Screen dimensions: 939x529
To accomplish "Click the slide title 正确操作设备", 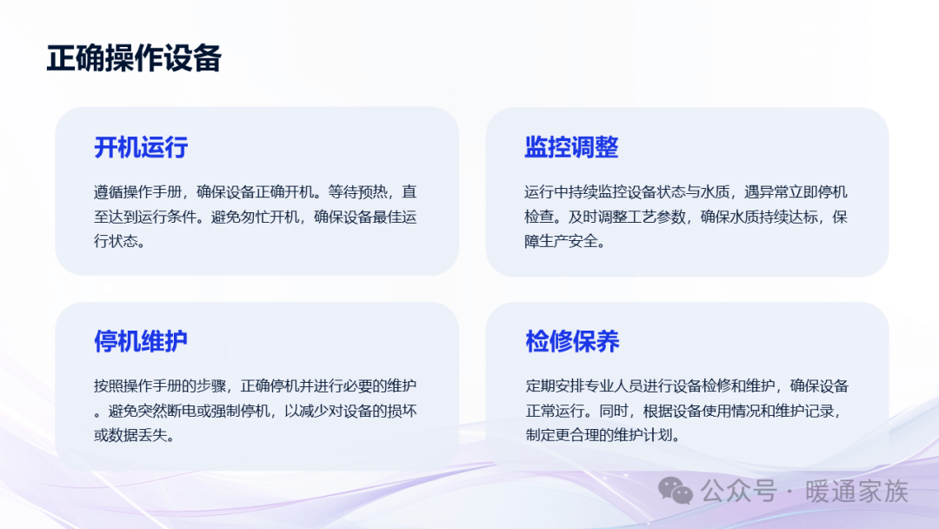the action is point(134,58).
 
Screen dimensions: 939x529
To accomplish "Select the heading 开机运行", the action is point(141,147).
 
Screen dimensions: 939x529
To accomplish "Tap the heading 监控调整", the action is point(571,147).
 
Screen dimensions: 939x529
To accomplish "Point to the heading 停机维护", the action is point(141,341).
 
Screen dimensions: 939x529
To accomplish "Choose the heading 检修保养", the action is point(572,341).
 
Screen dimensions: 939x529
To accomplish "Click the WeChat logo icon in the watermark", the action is point(676,491).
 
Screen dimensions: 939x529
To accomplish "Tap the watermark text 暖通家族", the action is point(857,492).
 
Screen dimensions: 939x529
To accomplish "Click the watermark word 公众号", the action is point(739,492).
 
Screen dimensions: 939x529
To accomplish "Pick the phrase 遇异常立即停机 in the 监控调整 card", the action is point(796,191).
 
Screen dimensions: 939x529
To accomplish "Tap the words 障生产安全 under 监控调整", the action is point(561,241).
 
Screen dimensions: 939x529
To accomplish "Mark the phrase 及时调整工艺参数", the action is point(627,217).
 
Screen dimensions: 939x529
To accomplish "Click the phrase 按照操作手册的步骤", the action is point(160,385).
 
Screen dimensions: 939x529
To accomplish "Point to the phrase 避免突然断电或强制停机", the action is point(189,411).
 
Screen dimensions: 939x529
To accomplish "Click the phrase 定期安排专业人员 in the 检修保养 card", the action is point(584,385).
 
